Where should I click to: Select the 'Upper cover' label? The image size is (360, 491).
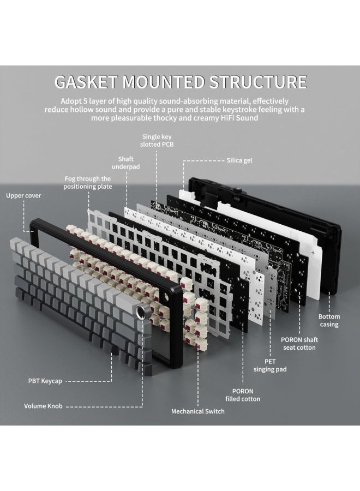pyautogui.click(x=23, y=195)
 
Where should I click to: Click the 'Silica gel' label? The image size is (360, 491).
pyautogui.click(x=239, y=160)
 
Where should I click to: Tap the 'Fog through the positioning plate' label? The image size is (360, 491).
pyautogui.click(x=87, y=182)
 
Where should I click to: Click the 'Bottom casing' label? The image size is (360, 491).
pyautogui.click(x=329, y=320)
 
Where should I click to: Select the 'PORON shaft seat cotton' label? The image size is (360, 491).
pyautogui.click(x=299, y=343)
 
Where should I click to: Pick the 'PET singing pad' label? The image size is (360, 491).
pyautogui.click(x=270, y=366)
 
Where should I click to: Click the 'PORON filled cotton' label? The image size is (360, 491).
pyautogui.click(x=243, y=395)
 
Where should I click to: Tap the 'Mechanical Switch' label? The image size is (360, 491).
pyautogui.click(x=197, y=411)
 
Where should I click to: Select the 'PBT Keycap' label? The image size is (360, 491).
pyautogui.click(x=46, y=380)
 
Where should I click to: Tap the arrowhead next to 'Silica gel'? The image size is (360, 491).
pyautogui.click(x=185, y=161)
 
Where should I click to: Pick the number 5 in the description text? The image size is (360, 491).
pyautogui.click(x=88, y=101)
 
